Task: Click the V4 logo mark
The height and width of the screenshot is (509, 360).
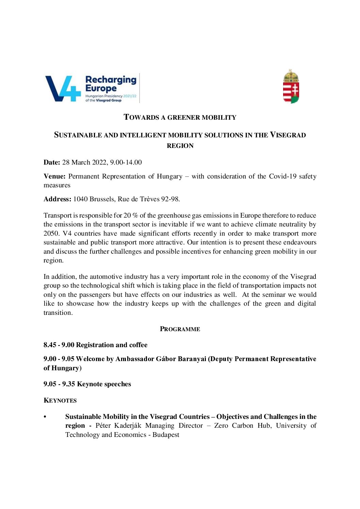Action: [x=63, y=88]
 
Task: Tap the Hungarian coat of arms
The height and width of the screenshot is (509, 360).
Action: [x=291, y=86]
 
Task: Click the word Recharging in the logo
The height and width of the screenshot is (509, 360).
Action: [x=111, y=80]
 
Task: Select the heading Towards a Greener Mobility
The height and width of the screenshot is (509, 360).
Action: [x=180, y=117]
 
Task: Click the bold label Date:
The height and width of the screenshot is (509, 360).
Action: [x=52, y=163]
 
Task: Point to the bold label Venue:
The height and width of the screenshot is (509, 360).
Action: [x=54, y=176]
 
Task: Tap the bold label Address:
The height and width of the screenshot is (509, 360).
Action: [x=58, y=199]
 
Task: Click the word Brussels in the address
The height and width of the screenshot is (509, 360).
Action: [x=102, y=199]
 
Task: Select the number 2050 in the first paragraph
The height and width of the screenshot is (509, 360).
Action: [x=51, y=234]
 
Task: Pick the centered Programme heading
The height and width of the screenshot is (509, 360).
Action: [x=180, y=329]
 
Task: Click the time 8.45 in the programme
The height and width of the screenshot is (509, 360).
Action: [x=50, y=345]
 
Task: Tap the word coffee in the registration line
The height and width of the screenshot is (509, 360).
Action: [x=138, y=345]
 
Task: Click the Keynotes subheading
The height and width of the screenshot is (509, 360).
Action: [x=60, y=401]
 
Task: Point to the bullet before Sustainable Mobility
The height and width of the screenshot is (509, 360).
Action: [x=45, y=417]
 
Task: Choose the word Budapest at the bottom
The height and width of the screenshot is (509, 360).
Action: [x=166, y=435]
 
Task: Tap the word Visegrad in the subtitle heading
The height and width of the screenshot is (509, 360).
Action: [x=288, y=135]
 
